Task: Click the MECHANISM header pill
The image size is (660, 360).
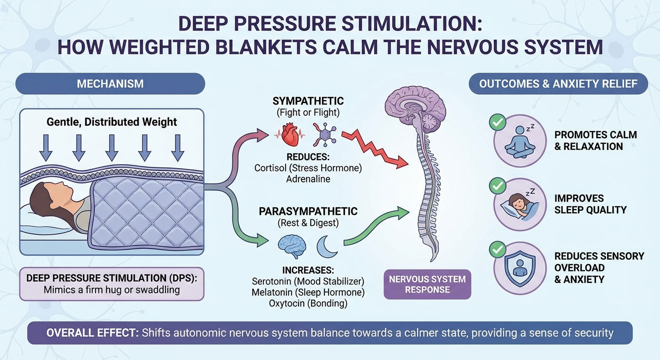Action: pos(110,84)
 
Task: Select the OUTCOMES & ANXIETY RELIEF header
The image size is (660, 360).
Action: pos(558,84)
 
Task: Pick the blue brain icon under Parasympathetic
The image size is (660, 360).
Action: pos(292,247)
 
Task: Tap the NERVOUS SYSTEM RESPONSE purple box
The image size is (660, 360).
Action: pos(427,285)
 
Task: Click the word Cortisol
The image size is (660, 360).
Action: pos(270,167)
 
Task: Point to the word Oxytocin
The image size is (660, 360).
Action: pos(287,303)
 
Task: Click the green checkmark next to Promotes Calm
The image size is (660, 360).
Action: pos(497,123)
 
